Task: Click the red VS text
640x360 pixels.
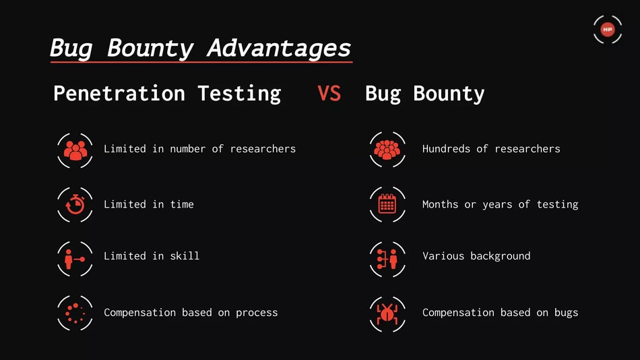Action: (x=329, y=93)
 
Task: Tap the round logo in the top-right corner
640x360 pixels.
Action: (x=608, y=30)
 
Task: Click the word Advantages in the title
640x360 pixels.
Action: (x=279, y=49)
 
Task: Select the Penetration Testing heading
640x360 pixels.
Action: (x=167, y=94)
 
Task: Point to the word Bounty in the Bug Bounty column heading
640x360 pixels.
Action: (x=449, y=94)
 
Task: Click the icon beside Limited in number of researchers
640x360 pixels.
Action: (x=75, y=150)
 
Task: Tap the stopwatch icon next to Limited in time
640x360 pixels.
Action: (x=75, y=205)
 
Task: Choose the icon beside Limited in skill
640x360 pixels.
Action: (x=75, y=259)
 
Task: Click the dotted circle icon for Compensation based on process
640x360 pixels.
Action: (x=75, y=313)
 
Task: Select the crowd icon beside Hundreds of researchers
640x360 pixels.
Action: (x=387, y=150)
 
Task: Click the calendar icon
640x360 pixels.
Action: (x=387, y=204)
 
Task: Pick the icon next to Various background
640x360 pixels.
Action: (x=387, y=259)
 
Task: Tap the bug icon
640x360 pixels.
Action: (x=387, y=314)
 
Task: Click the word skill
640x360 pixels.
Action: (x=185, y=256)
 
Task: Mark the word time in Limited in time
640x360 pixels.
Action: (x=182, y=204)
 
